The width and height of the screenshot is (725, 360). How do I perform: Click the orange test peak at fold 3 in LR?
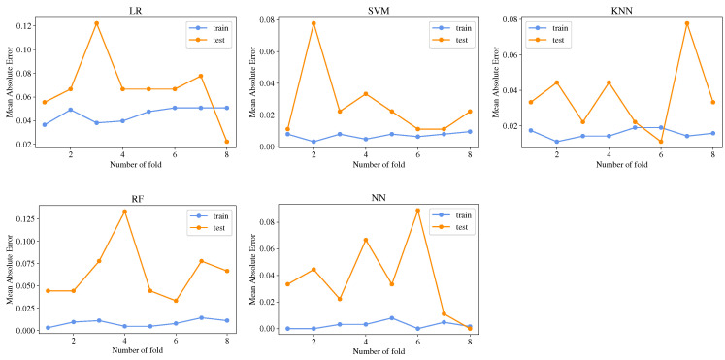tap(96, 23)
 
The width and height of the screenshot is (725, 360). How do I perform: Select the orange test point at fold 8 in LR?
tap(227, 142)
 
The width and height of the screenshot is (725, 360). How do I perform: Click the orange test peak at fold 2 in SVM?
tap(313, 23)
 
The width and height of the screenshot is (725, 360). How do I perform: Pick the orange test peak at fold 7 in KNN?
tap(686, 23)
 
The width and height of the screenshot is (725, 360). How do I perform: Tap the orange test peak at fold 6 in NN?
tap(417, 211)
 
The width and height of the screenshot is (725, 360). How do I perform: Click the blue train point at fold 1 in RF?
tap(44, 328)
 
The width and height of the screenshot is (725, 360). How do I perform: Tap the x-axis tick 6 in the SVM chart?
tap(417, 155)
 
